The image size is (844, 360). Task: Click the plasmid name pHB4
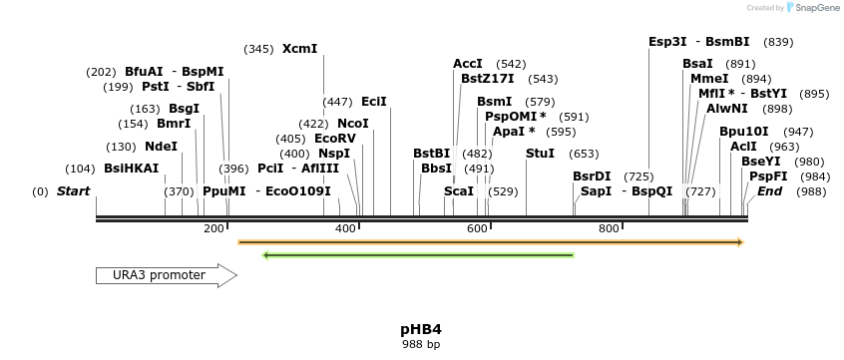tap(420, 329)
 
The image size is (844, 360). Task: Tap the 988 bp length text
tap(420, 344)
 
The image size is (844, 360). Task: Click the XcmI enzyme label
tap(299, 49)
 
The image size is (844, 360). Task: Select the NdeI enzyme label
tap(162, 146)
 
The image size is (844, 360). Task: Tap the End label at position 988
tap(770, 190)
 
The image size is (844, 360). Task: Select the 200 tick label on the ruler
tap(213, 229)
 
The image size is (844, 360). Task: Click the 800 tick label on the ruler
tap(609, 229)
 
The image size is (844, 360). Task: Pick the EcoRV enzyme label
tap(335, 139)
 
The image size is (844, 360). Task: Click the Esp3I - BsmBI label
tap(698, 42)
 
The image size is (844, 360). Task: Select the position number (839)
tap(778, 42)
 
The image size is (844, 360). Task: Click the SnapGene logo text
tap(816, 8)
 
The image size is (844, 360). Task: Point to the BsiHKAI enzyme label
tap(132, 169)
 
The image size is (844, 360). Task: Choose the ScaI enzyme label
tap(459, 190)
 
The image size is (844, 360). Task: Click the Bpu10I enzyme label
tap(744, 131)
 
